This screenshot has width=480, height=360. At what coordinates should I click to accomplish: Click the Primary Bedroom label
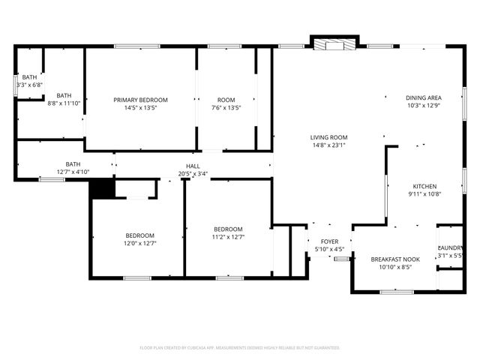point(140,100)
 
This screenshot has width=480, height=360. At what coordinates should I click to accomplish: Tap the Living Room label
point(329,137)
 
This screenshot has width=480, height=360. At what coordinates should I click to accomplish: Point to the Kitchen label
point(424,186)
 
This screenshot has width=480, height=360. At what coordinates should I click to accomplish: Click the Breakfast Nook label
point(394,259)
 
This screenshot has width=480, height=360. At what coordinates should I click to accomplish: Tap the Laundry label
point(451,248)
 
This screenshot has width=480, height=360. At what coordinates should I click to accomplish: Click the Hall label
point(193,166)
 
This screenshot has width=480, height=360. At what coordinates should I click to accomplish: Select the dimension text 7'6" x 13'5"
point(226,108)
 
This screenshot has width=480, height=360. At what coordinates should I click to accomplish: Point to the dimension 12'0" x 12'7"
point(139,243)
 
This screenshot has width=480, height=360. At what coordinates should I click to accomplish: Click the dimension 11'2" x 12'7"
point(228,237)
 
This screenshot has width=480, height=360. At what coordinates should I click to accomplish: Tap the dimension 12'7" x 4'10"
point(73,172)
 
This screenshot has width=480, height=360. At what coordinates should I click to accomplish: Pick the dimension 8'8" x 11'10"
point(64,103)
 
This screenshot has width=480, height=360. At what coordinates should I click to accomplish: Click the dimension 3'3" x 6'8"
point(30,85)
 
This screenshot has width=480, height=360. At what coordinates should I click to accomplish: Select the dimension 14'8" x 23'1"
point(329,145)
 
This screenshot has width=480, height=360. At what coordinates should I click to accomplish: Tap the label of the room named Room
point(226,100)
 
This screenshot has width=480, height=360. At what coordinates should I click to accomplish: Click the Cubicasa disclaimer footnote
point(240,348)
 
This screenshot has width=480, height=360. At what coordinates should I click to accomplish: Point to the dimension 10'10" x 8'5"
point(394,267)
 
